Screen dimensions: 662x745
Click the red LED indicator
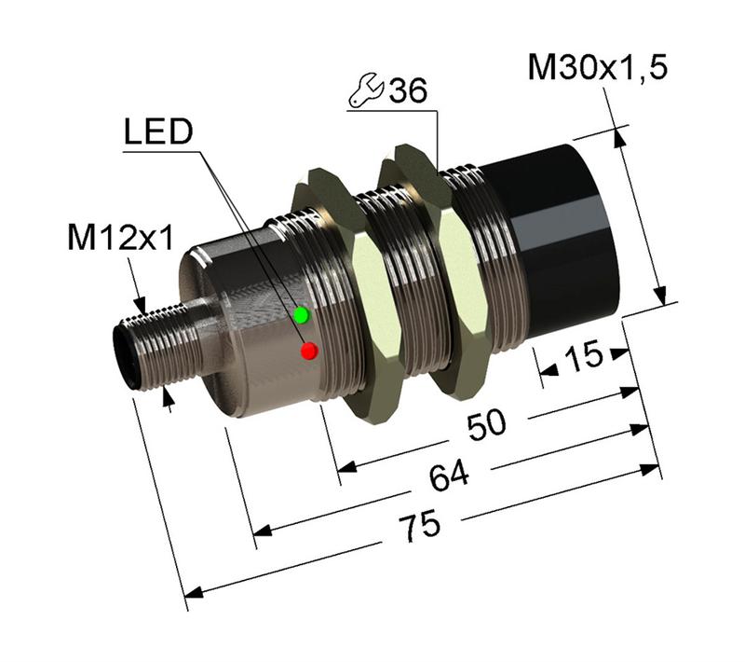(x=309, y=351)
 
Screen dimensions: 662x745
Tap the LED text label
(x=158, y=133)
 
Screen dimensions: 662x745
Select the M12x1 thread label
(x=121, y=240)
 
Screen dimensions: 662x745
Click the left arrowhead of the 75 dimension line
(x=192, y=591)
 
